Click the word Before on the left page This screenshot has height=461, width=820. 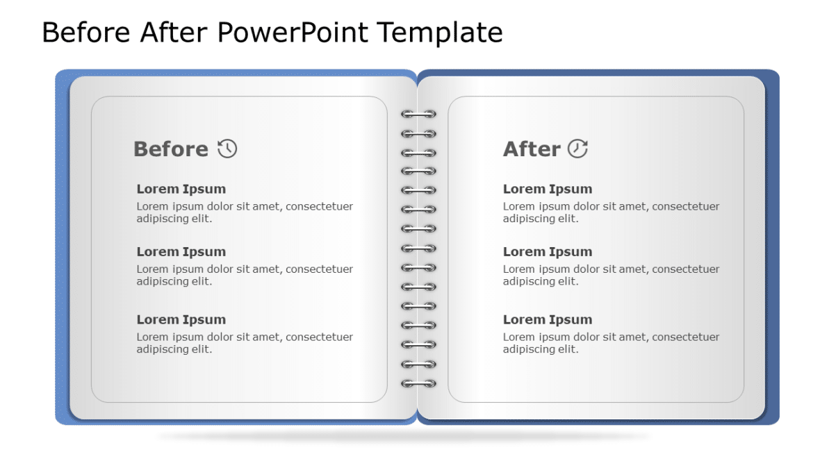coord(170,149)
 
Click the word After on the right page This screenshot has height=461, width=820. coord(532,149)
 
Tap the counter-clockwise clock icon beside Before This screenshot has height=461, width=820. coord(227,149)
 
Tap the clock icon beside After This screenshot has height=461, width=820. coord(577,149)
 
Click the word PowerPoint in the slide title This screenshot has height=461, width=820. coord(295,33)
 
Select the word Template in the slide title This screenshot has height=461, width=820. coord(440,33)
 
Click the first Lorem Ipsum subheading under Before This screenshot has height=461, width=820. coord(181,189)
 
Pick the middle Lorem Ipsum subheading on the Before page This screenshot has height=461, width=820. coord(181,251)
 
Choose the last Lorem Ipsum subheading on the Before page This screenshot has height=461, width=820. coord(181,319)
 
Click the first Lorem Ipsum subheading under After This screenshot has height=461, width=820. coord(548,189)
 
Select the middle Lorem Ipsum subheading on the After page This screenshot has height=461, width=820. coord(548,251)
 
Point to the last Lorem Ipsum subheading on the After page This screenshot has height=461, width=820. coord(548,319)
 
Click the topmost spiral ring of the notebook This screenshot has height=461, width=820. coord(418,114)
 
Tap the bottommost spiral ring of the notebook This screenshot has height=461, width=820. coord(418,383)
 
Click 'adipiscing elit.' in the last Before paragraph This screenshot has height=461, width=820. coord(174,349)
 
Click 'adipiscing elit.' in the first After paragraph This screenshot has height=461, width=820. coord(541,219)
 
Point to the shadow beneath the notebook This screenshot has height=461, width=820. coord(403,437)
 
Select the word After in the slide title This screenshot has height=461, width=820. coord(172,33)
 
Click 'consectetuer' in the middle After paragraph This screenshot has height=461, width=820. coord(686,269)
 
